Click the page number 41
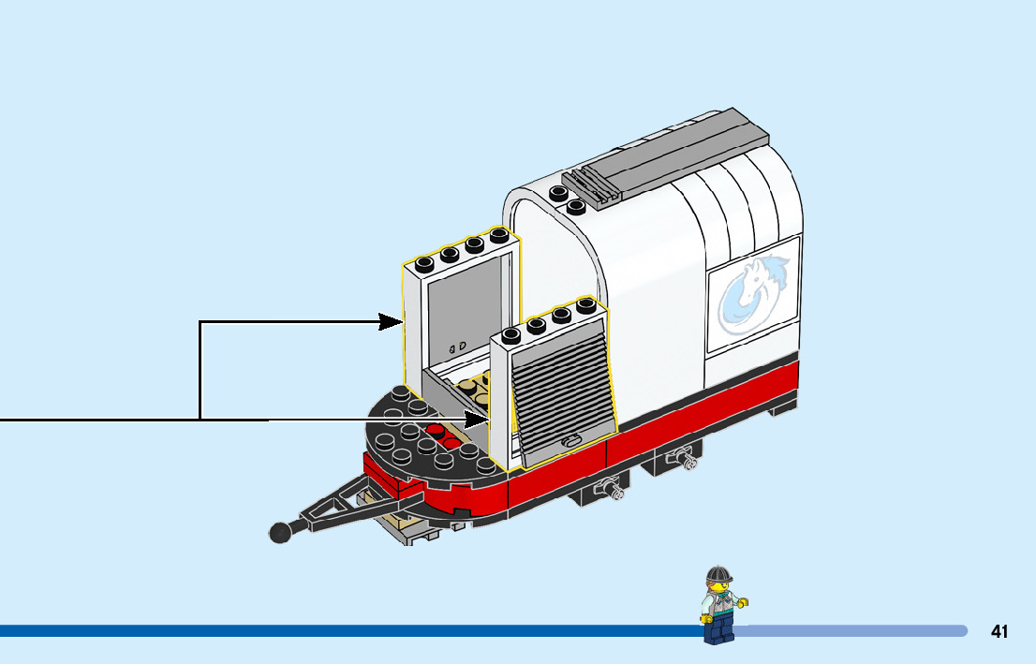pyautogui.click(x=999, y=632)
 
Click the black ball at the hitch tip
pyautogui.click(x=279, y=532)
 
